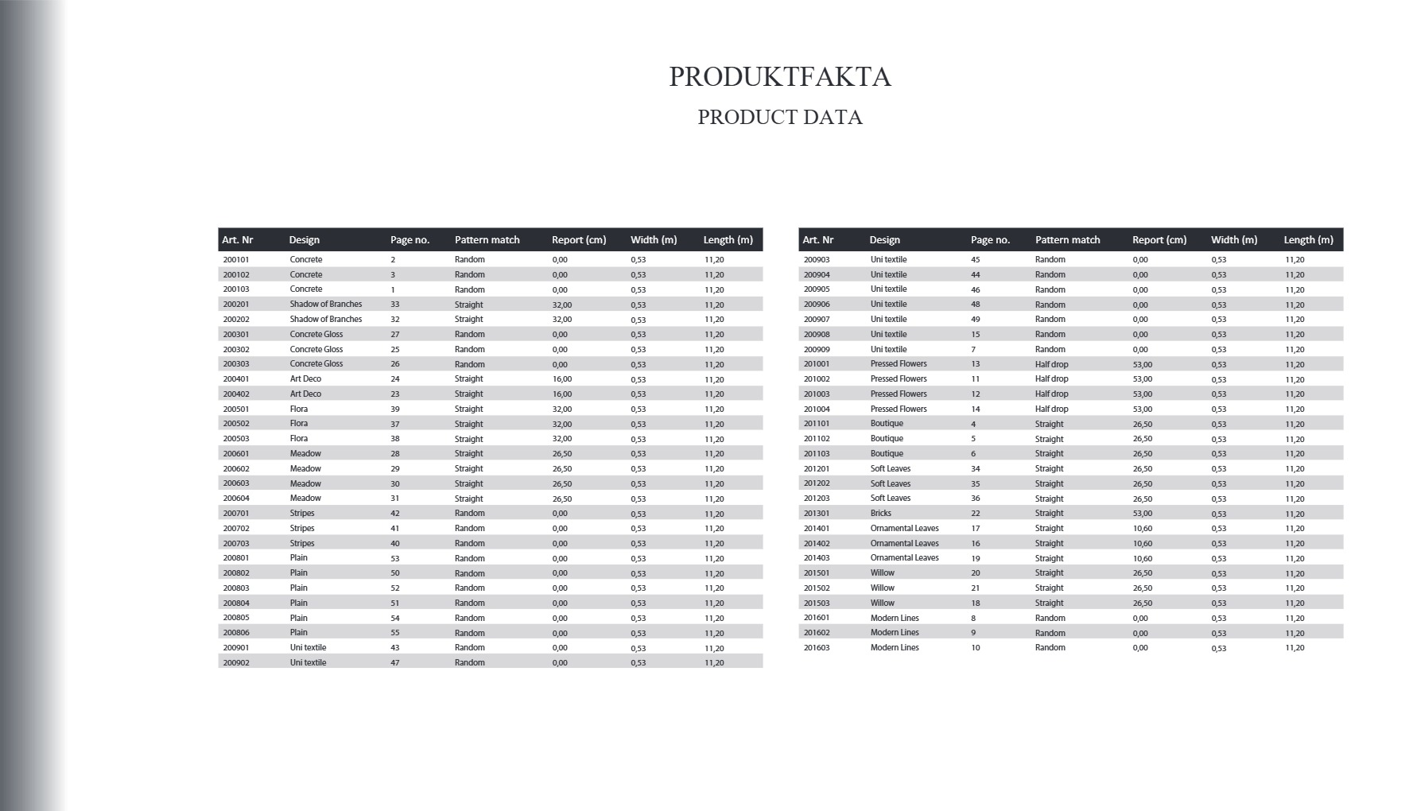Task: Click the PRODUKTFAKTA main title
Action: tap(780, 77)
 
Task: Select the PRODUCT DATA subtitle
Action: tap(780, 118)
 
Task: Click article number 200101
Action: tap(236, 260)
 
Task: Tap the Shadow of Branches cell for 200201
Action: tap(326, 305)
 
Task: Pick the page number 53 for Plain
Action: tap(395, 558)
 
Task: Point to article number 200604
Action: tap(236, 499)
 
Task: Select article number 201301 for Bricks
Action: tap(817, 514)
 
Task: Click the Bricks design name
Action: tap(881, 514)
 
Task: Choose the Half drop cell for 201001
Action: tap(1052, 364)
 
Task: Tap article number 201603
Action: tap(817, 648)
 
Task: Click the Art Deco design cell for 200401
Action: tap(306, 379)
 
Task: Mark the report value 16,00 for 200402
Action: tap(562, 394)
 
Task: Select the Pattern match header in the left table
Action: tap(487, 240)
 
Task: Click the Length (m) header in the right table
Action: tap(1309, 240)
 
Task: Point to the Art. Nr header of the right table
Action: tap(818, 240)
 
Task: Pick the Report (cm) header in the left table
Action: tap(579, 240)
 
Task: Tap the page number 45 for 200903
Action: tap(976, 260)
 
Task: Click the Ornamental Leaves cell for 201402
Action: tap(905, 544)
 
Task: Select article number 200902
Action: tap(236, 663)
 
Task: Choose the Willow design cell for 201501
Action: tap(883, 573)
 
